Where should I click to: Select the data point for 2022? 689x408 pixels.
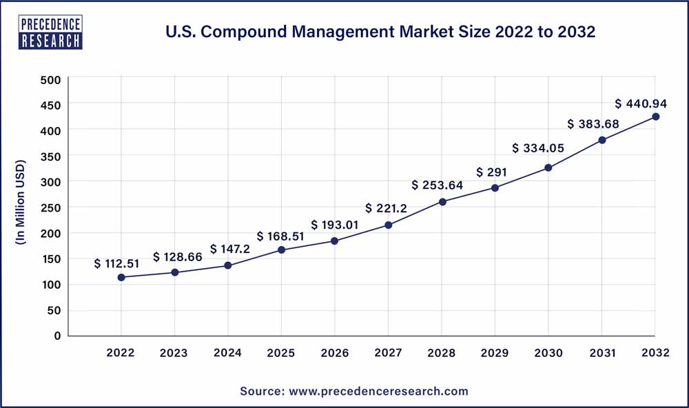click(x=121, y=277)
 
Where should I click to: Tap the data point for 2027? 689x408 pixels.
click(x=389, y=225)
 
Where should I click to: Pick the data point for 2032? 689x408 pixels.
click(x=656, y=116)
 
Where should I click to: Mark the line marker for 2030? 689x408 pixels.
click(x=548, y=167)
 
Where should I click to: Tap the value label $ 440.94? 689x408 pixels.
click(x=640, y=103)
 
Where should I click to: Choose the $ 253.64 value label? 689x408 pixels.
click(x=438, y=185)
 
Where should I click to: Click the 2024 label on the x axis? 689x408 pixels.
click(x=227, y=353)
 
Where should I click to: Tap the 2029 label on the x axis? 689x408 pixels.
click(x=495, y=353)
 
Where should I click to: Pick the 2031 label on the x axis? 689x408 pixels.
click(x=601, y=353)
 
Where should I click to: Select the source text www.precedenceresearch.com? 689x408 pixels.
click(x=354, y=391)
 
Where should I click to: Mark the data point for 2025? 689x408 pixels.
click(x=282, y=249)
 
